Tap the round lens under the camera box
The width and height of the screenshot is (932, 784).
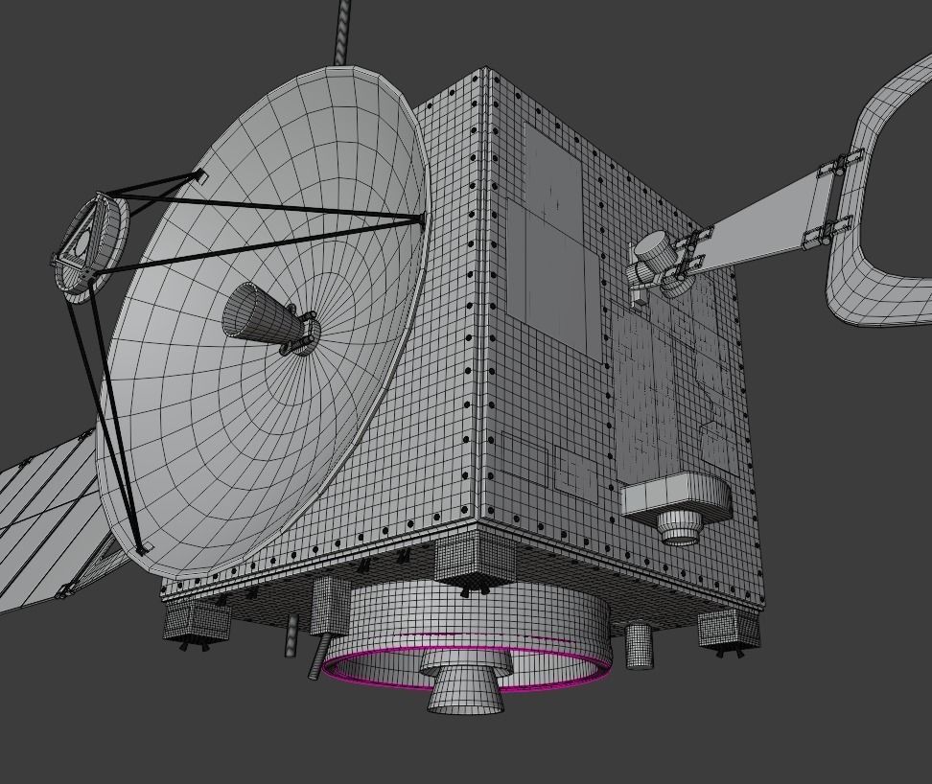click(x=681, y=526)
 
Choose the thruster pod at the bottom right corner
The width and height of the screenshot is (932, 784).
click(x=729, y=629)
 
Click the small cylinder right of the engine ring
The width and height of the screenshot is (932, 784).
click(x=639, y=646)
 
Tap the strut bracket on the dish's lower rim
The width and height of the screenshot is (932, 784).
click(x=143, y=549)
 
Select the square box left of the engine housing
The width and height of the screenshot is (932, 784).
click(x=332, y=605)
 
